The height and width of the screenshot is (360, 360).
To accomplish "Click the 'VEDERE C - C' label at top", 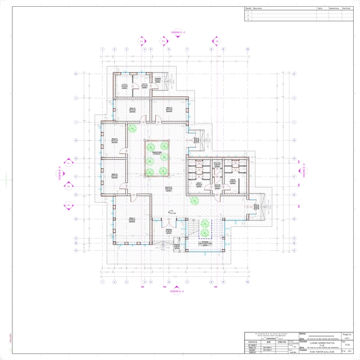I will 178,33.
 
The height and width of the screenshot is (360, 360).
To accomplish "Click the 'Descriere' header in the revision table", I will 258,8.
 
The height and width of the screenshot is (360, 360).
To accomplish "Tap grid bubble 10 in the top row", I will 247,49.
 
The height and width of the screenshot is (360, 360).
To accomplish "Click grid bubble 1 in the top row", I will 102,49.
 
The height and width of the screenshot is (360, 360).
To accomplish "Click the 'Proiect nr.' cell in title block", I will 347,333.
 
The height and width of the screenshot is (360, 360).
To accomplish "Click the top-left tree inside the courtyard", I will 151,148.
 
